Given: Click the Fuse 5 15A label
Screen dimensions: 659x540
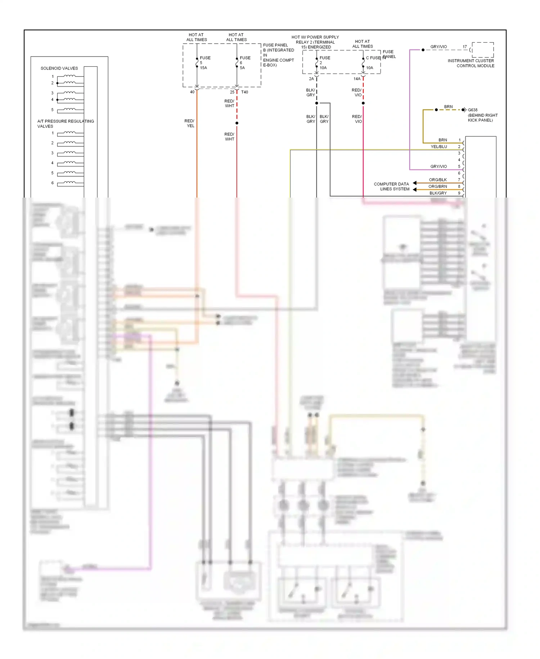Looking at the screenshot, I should tap(205, 63).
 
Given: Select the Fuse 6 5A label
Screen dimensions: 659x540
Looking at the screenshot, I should tap(245, 63).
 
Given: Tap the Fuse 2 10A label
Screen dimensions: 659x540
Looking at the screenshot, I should tap(324, 63).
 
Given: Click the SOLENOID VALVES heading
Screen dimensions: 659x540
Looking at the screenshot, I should tap(59, 68).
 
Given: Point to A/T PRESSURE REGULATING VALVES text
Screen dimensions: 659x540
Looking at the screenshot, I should tap(65, 124).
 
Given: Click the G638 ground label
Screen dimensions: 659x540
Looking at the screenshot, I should tap(473, 110).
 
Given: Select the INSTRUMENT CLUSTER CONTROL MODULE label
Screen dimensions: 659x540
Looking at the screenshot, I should tap(471, 63).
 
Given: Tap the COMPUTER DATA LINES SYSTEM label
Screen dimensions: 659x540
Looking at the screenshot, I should tap(391, 186).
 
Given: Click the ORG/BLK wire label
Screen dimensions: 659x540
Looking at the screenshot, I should tap(437, 180).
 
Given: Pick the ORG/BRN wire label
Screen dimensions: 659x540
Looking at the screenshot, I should tap(437, 186).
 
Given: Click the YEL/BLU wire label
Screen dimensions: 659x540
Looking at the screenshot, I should tap(438, 147).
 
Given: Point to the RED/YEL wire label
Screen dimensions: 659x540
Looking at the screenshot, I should tap(190, 123).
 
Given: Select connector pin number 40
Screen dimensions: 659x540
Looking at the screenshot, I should tap(192, 92).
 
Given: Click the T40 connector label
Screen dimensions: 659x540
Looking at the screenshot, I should tap(244, 92).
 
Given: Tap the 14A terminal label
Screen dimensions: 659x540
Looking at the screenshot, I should tap(357, 79).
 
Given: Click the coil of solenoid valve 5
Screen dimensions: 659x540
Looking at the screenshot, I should tap(70, 109).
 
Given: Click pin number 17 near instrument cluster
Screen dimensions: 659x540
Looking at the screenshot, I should tap(464, 47).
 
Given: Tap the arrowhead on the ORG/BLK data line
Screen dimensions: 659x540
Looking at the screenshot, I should tap(415, 183).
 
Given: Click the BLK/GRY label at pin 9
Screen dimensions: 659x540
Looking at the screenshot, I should tap(438, 193).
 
